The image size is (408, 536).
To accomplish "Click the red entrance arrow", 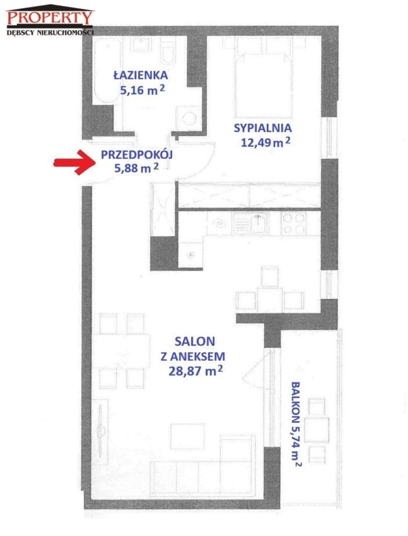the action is (x=74, y=162).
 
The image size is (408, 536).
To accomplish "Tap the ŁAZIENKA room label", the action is (x=140, y=75).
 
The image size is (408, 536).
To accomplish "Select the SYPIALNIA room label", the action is (x=263, y=128).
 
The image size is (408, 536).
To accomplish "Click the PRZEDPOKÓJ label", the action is (x=137, y=154).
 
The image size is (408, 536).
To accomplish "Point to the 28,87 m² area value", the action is (x=196, y=371).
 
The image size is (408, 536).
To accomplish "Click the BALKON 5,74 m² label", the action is (x=296, y=424).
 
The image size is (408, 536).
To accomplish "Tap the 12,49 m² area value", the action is (x=266, y=141).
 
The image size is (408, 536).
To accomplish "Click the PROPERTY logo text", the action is (x=50, y=17).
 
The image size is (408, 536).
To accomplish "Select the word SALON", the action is (x=195, y=341).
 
